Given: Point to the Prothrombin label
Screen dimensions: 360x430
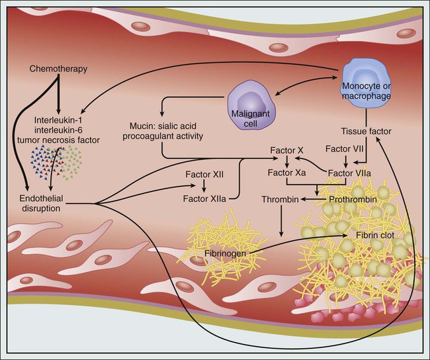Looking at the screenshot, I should pos(347,198).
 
